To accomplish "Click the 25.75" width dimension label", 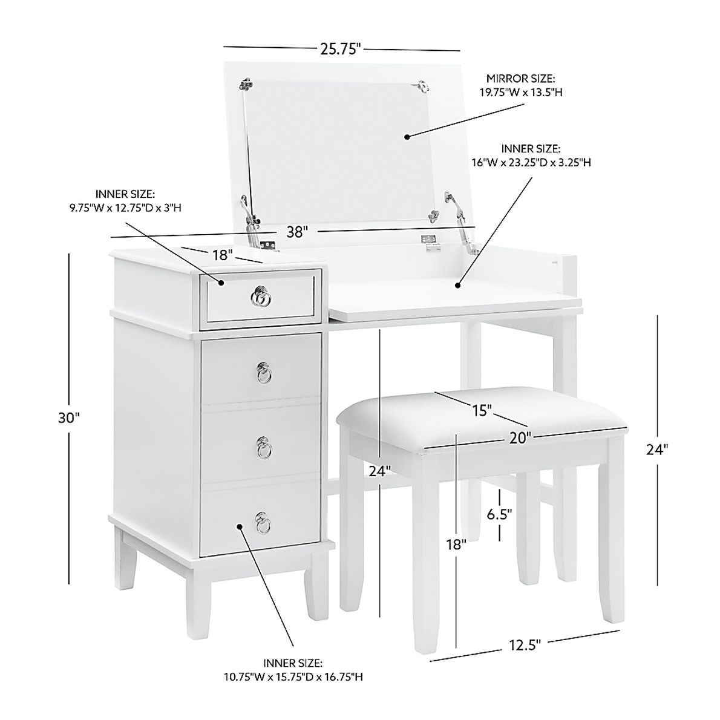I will pyautogui.click(x=341, y=50).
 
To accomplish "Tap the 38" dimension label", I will pyautogui.click(x=298, y=232).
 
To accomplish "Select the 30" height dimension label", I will pyautogui.click(x=70, y=417).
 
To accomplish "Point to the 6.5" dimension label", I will pyautogui.click(x=500, y=514).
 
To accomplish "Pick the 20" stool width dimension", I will pyautogui.click(x=520, y=438).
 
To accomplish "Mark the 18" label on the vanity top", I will pyautogui.click(x=223, y=255).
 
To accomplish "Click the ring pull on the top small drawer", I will pyautogui.click(x=260, y=296).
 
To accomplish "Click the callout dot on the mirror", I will pyautogui.click(x=407, y=137).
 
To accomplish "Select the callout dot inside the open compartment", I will pyautogui.click(x=458, y=284).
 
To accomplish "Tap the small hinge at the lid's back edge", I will pyautogui.click(x=430, y=242).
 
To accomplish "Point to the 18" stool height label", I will pyautogui.click(x=460, y=545).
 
